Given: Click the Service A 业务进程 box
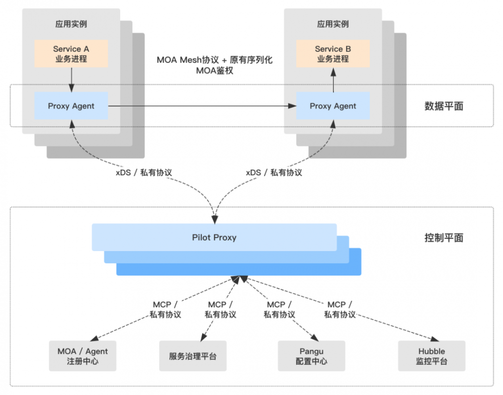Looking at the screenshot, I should (71, 54).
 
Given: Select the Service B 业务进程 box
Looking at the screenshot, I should (332, 54).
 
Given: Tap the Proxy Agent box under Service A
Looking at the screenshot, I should (71, 106).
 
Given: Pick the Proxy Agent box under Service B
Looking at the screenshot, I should (332, 106).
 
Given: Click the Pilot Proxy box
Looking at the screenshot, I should (214, 237).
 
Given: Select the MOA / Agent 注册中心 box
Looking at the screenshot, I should (82, 356).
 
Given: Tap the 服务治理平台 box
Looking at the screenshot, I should (193, 356).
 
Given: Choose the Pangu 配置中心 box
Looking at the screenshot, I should (311, 356).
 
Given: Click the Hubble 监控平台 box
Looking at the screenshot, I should (431, 356).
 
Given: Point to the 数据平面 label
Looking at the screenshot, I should (444, 106).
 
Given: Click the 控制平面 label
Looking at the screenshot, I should (444, 238).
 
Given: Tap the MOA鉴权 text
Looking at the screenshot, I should (214, 71).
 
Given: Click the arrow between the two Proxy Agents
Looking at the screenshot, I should (201, 106).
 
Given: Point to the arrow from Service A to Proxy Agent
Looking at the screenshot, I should (71, 80).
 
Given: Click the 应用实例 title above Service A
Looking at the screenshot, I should (71, 24).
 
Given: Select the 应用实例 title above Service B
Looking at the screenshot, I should (332, 24).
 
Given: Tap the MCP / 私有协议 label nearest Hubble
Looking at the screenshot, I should (340, 309).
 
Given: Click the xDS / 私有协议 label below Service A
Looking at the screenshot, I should (143, 172).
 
